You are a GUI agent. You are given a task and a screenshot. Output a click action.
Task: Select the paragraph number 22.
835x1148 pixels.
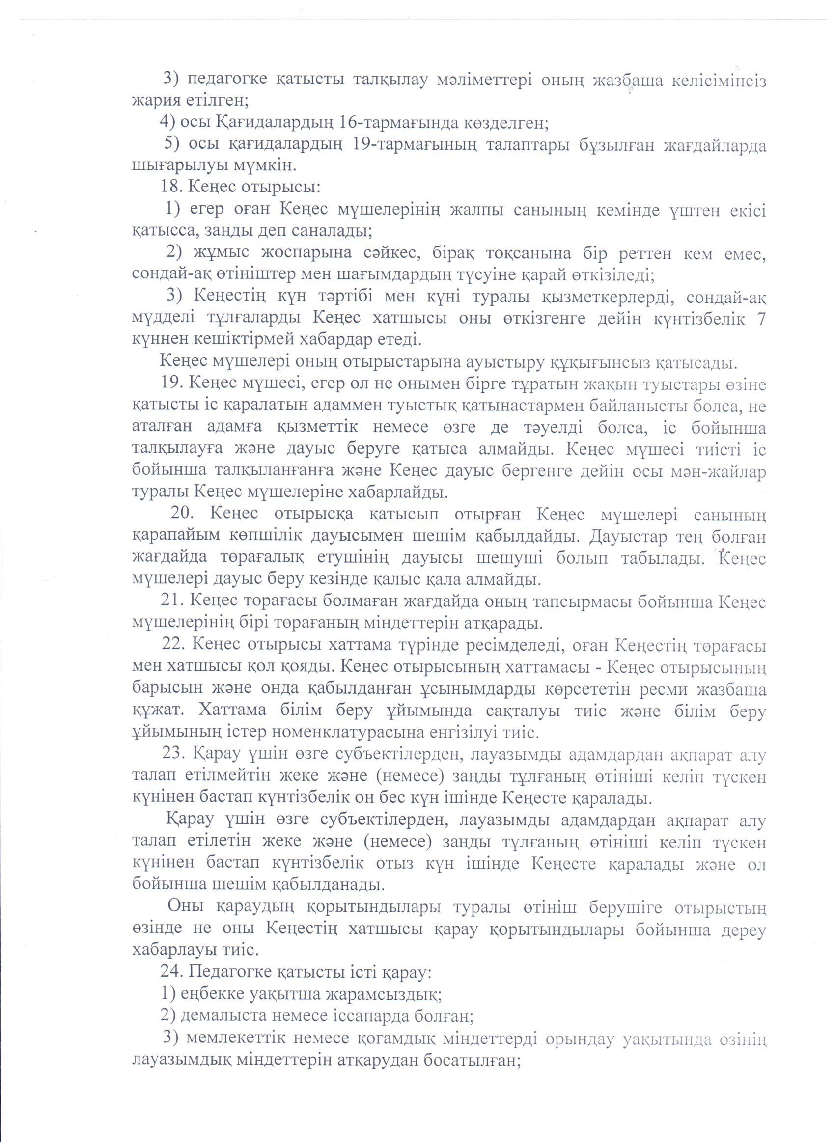173,646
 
